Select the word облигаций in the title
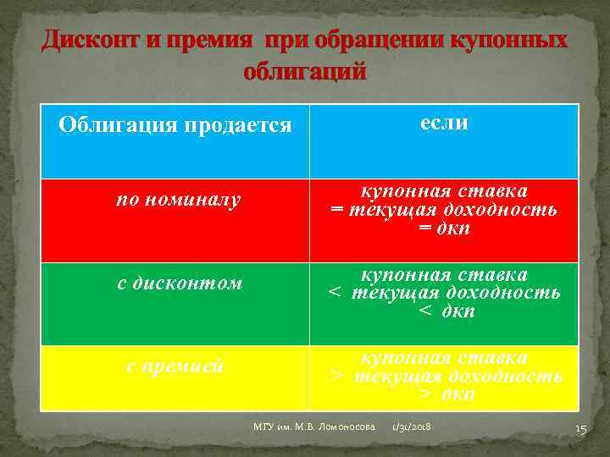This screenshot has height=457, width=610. pyautogui.click(x=305, y=71)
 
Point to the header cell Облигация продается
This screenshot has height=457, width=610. pyautogui.click(x=175, y=126)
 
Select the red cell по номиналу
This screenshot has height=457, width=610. pyautogui.click(x=179, y=200)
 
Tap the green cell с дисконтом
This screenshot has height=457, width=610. pyautogui.click(x=180, y=284)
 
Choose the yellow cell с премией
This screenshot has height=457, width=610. pyautogui.click(x=175, y=366)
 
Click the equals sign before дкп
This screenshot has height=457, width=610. pyautogui.click(x=425, y=229)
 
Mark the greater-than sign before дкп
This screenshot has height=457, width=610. pyautogui.click(x=426, y=395)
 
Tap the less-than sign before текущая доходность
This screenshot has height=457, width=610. pyautogui.click(x=335, y=293)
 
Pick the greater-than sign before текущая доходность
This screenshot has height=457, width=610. pyautogui.click(x=336, y=376)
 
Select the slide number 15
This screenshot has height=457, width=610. pyautogui.click(x=580, y=430)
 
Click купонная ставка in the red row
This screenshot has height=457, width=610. pyautogui.click(x=445, y=191)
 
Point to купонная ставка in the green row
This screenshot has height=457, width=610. pyautogui.click(x=445, y=274)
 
